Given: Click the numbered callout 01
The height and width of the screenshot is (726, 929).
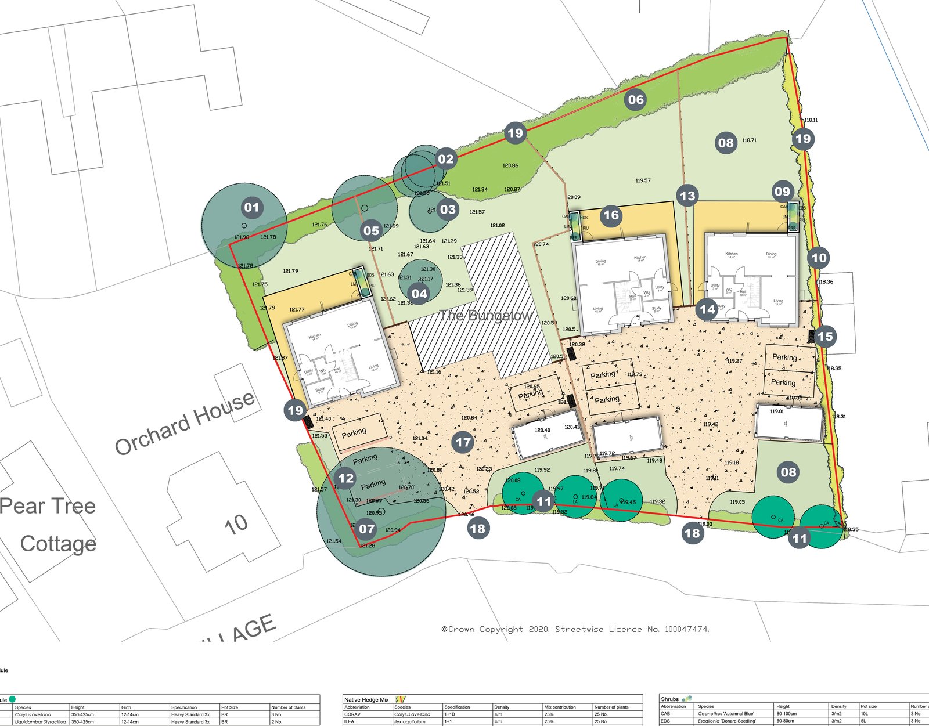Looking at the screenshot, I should coord(251,208).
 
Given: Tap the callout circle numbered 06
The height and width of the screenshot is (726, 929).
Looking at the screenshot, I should coord(636,100).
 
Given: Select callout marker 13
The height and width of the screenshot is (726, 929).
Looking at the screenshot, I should coord(687,196).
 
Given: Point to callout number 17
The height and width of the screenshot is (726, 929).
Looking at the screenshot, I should coord(463,442).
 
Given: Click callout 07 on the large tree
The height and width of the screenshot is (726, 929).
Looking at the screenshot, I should coord(366,529).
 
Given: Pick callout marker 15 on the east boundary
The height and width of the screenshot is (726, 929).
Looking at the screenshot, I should coord(825,337).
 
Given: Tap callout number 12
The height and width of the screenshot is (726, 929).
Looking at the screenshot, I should coord(346,478).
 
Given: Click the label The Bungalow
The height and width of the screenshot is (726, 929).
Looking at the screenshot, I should coord(486,315).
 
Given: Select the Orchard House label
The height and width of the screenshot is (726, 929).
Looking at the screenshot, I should coord(185,423).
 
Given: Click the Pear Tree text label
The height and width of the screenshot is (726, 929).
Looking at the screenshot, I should coord(48,506).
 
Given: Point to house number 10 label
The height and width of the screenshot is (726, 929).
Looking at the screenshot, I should coord(236,524).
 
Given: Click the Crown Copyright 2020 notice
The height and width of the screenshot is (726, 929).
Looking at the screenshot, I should coord(575,629).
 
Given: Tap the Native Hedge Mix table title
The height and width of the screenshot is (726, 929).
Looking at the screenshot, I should coord(366,699).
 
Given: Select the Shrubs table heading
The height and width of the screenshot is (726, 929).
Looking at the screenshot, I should coord(669,699).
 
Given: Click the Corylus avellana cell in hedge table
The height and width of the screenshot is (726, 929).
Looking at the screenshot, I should coord(412,714).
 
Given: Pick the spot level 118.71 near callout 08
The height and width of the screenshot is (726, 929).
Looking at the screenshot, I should coord(750,140).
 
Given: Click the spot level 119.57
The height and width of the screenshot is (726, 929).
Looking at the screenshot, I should coord(643,180).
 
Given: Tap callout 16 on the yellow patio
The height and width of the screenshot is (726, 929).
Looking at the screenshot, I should coord(611,215).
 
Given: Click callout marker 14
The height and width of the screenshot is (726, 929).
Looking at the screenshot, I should coord(707,309).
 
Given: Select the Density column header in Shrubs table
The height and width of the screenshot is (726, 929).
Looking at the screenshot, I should coord(838,707).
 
